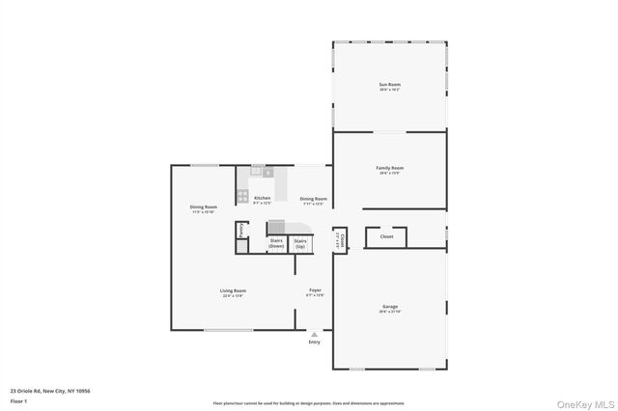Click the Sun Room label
(389, 86)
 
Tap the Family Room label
(389, 169)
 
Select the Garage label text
(389, 308)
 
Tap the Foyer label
(315, 291)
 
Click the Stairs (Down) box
(276, 243)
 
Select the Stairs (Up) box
(300, 243)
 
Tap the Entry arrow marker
(314, 334)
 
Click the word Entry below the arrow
(314, 342)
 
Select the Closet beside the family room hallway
(386, 236)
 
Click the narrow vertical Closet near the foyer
(339, 236)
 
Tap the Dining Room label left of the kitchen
(203, 207)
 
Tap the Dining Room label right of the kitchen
(314, 200)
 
